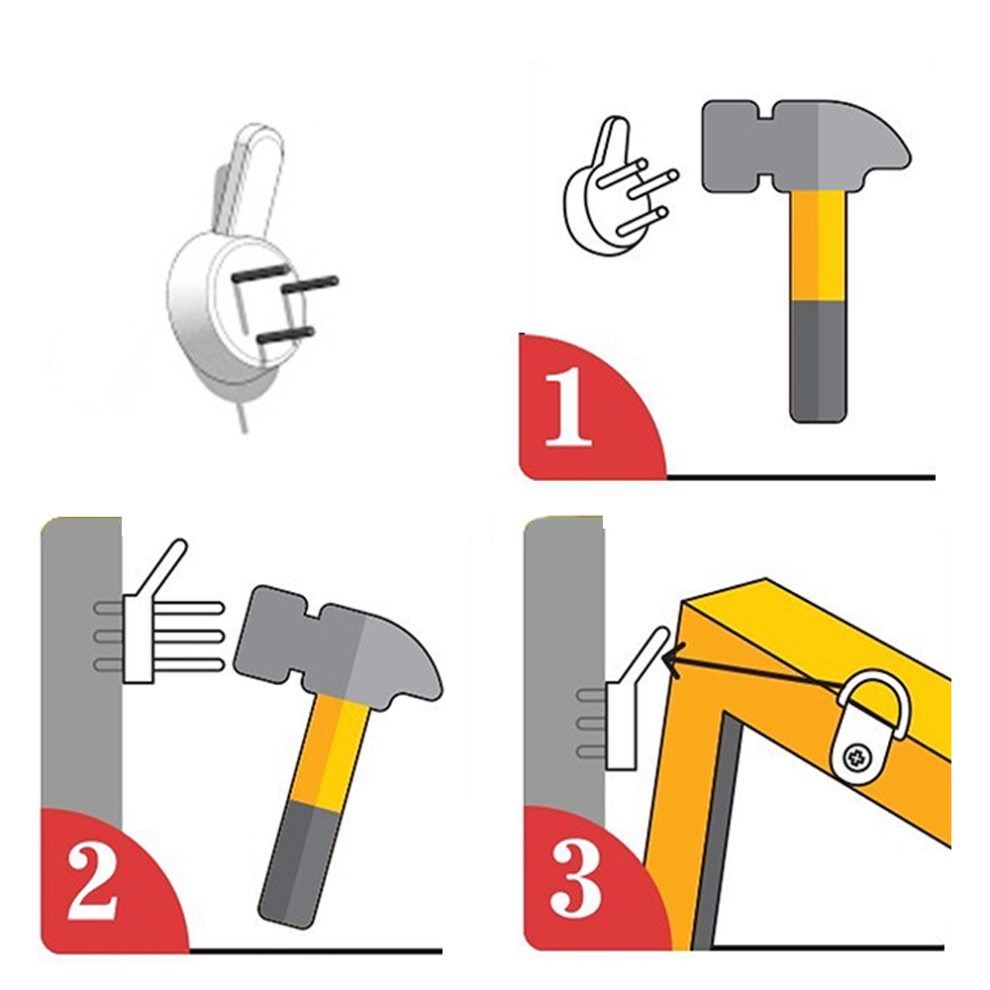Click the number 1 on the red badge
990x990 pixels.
pos(568,409)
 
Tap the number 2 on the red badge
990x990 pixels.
pos(92,882)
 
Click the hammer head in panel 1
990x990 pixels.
pos(806,147)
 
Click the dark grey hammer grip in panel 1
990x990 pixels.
pos(818,361)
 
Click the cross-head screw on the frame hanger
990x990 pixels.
pos(856,755)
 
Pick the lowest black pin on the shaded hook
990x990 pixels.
pos(285,335)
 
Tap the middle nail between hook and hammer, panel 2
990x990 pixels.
pos(189,636)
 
